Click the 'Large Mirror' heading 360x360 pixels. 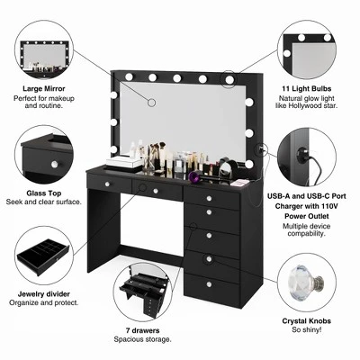pos(44,88)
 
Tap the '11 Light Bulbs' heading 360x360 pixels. pos(307,88)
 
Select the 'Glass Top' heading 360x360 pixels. pos(44,193)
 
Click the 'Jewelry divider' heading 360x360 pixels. pos(44,293)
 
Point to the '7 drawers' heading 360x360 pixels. pos(142,330)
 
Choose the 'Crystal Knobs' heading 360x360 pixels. pos(307,321)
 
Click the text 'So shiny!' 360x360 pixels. pos(307,329)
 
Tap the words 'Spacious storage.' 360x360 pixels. pos(142,339)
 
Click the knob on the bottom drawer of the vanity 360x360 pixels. pos(209,284)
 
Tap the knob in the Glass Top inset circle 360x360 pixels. pos(55,164)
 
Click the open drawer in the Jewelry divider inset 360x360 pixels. pos(43,258)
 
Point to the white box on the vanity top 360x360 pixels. pos(124,161)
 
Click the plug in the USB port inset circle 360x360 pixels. pos(303,155)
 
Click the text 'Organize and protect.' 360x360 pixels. pos(44,302)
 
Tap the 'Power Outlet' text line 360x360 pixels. pos(307,216)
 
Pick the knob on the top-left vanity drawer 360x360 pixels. pos(106,184)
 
